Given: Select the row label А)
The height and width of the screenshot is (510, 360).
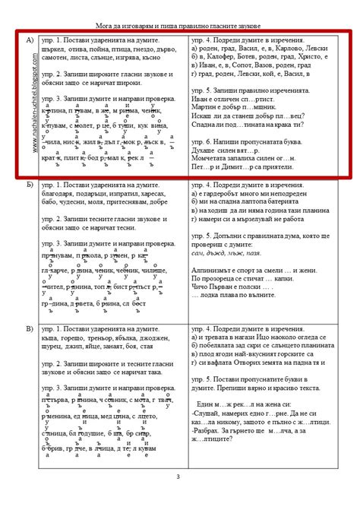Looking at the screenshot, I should pos(30,39).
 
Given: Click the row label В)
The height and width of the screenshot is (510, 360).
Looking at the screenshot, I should pos(30,328).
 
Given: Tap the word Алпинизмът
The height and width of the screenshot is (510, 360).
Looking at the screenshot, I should pos(215,269).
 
